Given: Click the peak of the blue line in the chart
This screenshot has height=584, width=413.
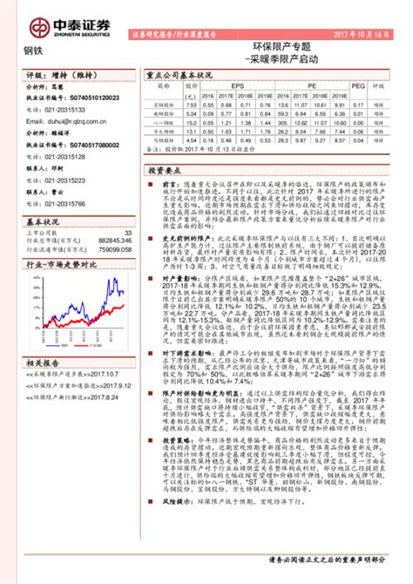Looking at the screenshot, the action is (113, 303).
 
